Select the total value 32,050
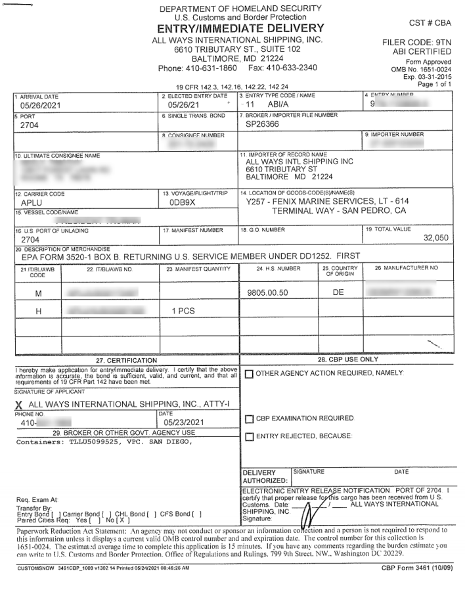(435, 238)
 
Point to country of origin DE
(338, 292)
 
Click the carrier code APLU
(32, 204)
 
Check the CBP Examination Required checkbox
(250, 419)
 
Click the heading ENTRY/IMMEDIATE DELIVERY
(241, 28)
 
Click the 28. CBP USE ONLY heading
(349, 359)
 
